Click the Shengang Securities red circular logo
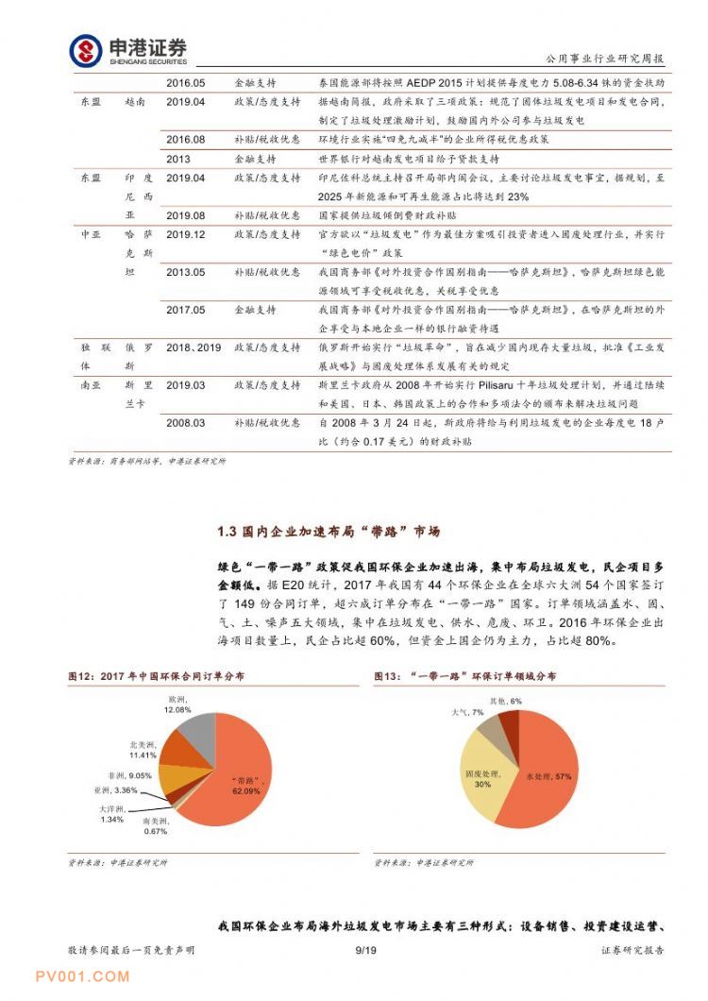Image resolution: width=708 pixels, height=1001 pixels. tap(86, 50)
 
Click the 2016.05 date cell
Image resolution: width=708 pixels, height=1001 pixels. tap(185, 83)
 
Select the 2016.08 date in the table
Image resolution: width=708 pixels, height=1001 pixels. tap(185, 140)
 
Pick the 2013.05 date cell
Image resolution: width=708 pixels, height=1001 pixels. tap(185, 272)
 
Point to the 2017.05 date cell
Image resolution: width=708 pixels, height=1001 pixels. tap(185, 310)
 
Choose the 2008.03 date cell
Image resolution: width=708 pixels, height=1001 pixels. tap(185, 423)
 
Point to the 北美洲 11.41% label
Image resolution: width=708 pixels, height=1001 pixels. tap(143, 750)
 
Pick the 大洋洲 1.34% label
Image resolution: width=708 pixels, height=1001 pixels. tap(112, 814)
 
